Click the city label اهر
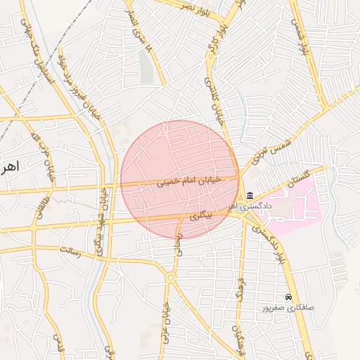[x=8, y=167]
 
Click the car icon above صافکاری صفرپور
[x=288, y=297]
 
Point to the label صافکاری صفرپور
[x=288, y=308]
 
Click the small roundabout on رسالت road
[x=171, y=278]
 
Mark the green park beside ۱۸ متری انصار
[x=146, y=67]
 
